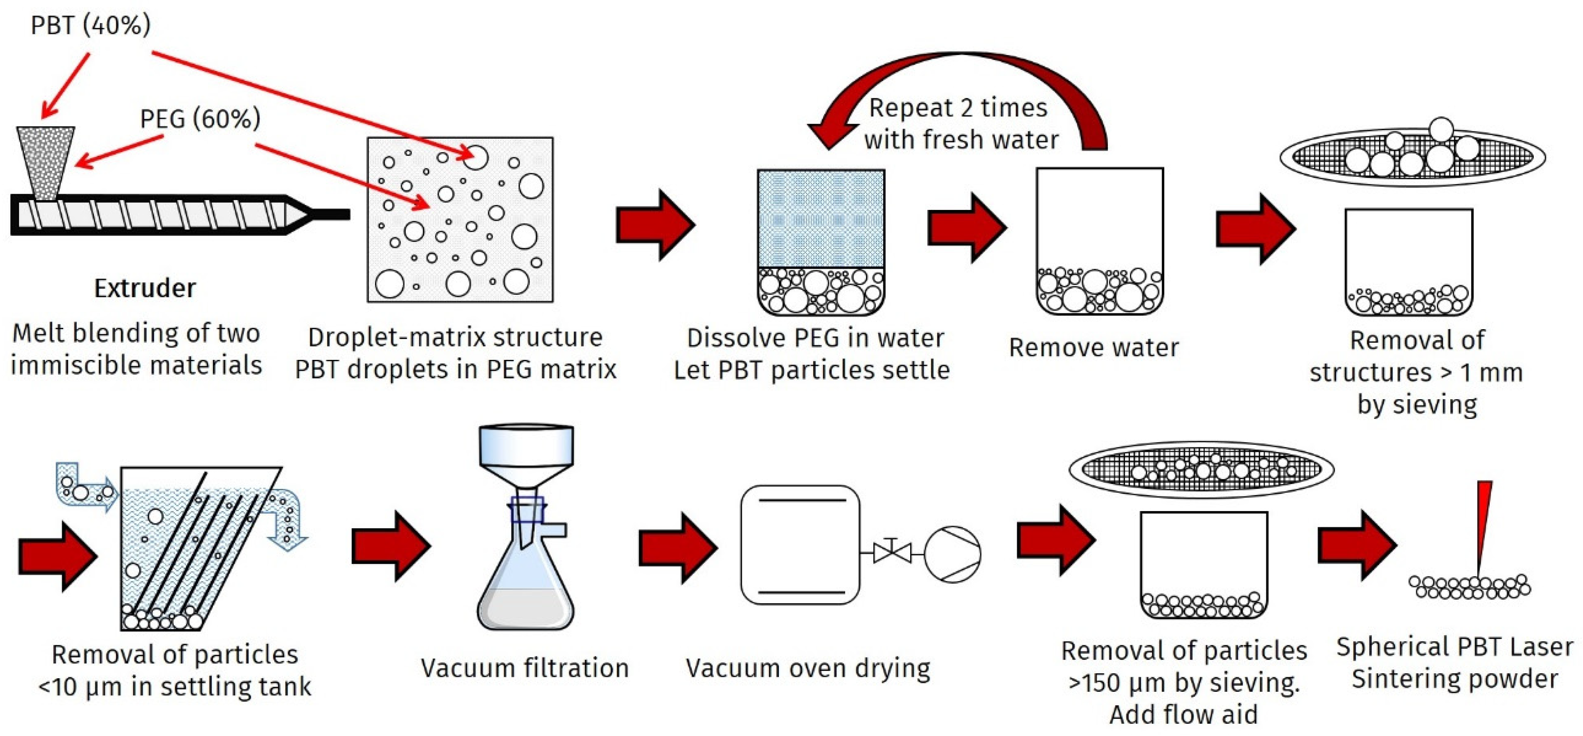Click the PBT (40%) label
point(90,25)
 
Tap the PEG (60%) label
point(200,119)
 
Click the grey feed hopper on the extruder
point(46,161)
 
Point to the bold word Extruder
point(144,288)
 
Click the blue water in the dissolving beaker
point(821,218)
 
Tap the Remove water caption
point(1093,347)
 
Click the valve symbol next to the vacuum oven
point(892,552)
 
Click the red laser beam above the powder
point(1483,522)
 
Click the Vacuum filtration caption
point(524,668)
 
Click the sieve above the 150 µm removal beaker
point(1201,470)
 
